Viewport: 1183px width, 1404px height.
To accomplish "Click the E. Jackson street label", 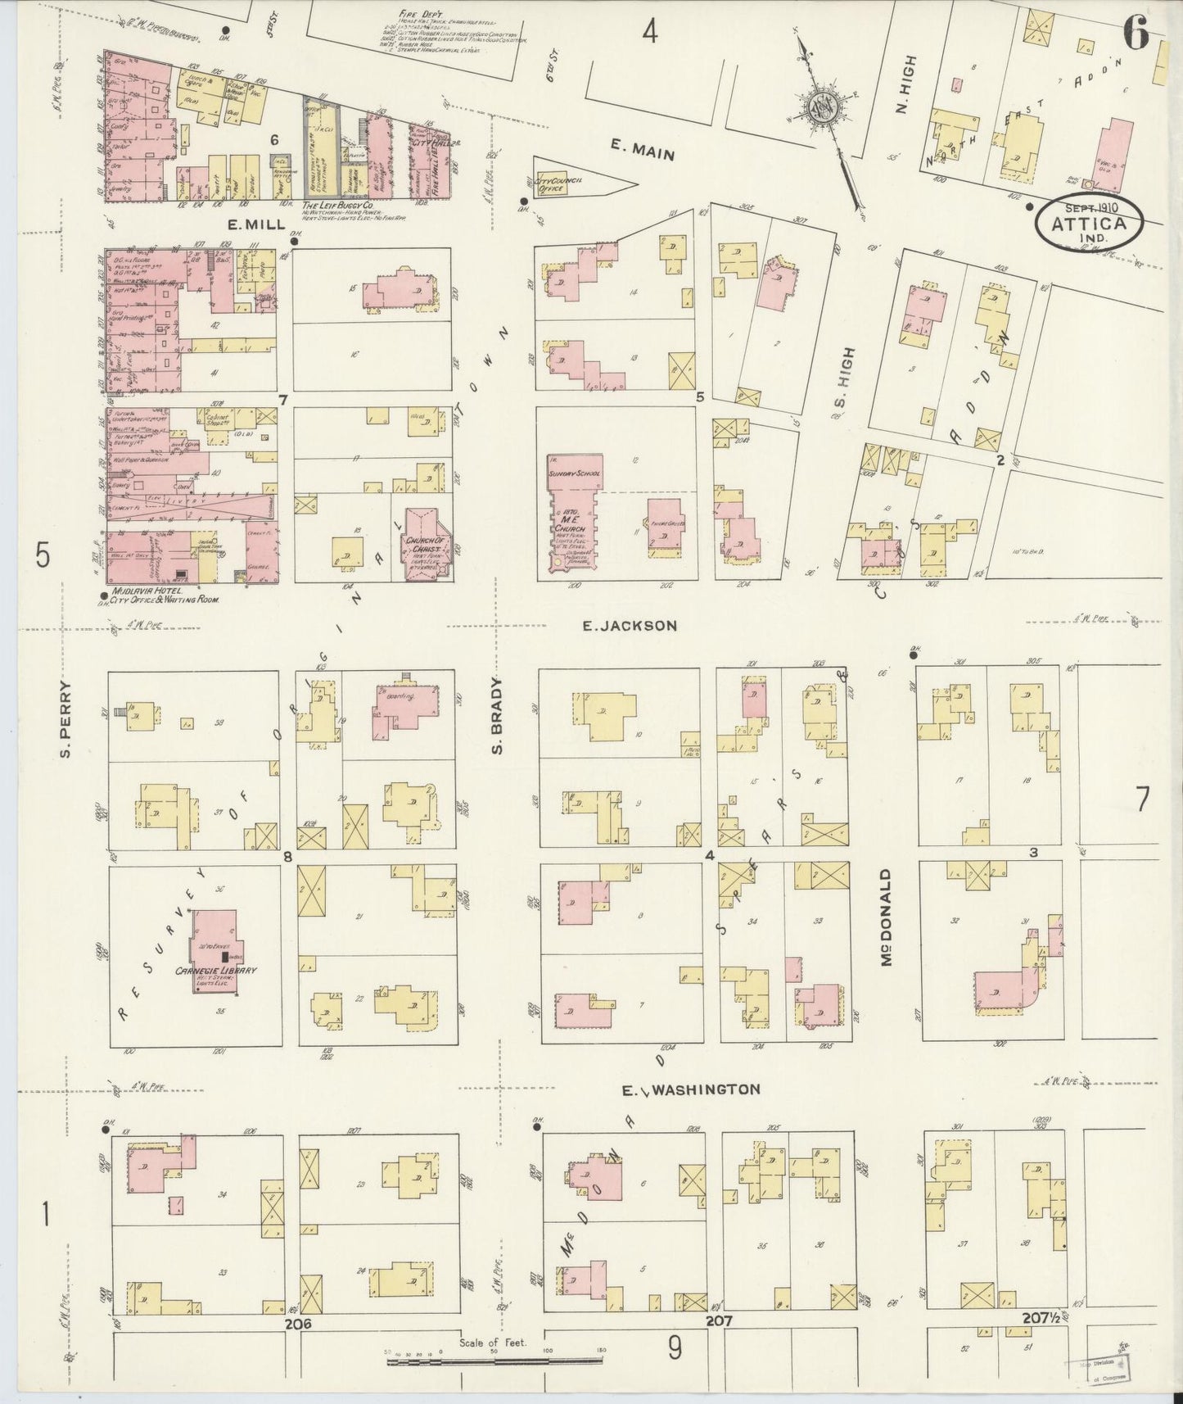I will coord(629,626).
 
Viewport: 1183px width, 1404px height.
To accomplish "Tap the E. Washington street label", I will coord(690,1089).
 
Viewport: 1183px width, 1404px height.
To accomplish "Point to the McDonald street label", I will coord(886,917).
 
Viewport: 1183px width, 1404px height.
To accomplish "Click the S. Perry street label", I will coord(68,719).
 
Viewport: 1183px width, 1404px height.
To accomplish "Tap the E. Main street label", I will coord(643,149).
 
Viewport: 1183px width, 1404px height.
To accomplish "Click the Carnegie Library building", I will coord(216,950).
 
